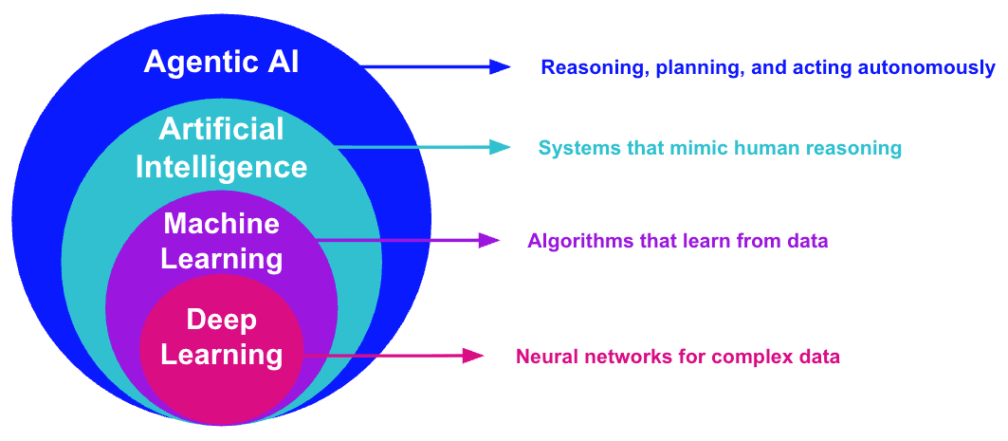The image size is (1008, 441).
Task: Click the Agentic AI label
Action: pyautogui.click(x=221, y=64)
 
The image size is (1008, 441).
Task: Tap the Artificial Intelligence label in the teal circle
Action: pyautogui.click(x=221, y=148)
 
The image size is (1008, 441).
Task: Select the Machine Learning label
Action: pyautogui.click(x=221, y=241)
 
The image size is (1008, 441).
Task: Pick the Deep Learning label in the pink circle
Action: pyautogui.click(x=221, y=338)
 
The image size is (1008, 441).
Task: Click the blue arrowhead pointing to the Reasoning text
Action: pyautogui.click(x=500, y=66)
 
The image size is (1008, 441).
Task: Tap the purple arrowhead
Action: pyautogui.click(x=488, y=240)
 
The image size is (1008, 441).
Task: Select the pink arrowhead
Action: pyautogui.click(x=474, y=357)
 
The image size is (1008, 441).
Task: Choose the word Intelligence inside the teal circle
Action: pyautogui.click(x=221, y=168)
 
